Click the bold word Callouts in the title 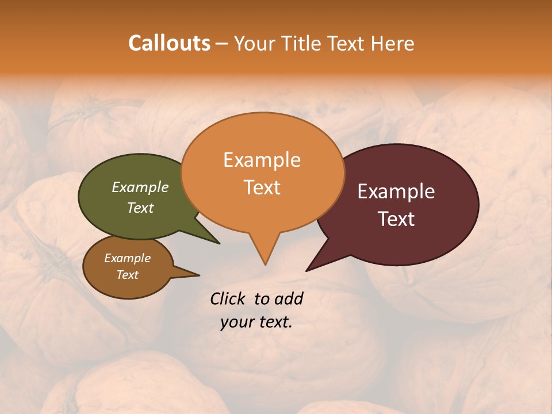coord(169,43)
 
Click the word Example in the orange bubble coord(262,160)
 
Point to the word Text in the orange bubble coord(262,187)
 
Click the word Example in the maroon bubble coord(396,191)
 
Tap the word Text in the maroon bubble coord(396,219)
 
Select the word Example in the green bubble coord(140,187)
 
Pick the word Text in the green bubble coord(140,208)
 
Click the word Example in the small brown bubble coord(127,258)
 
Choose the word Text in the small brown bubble coord(127,275)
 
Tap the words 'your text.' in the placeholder coord(256,323)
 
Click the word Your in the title coord(256,43)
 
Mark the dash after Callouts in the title coord(222,43)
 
